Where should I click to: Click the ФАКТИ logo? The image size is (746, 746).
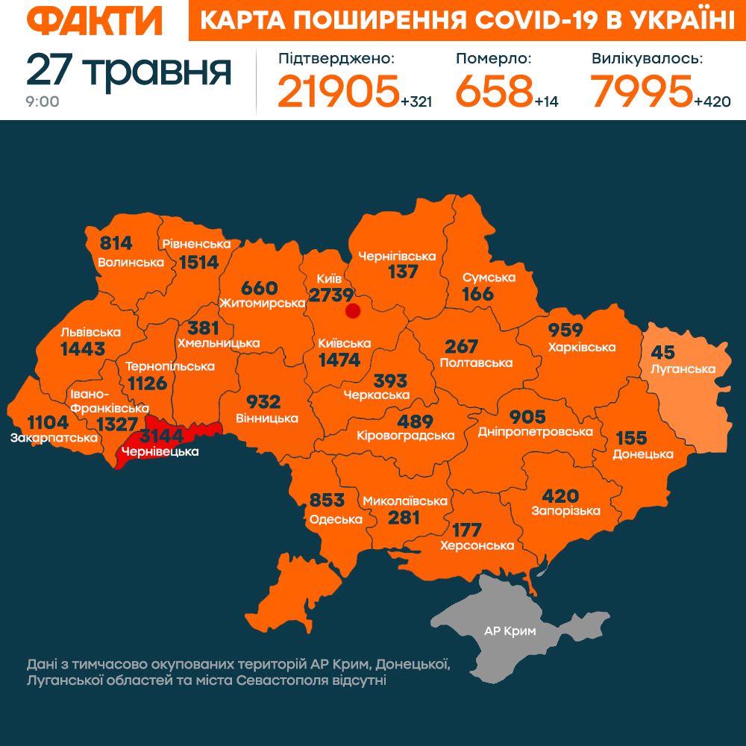point(95,21)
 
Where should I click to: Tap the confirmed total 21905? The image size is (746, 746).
point(338,90)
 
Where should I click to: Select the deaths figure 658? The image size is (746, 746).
point(493,90)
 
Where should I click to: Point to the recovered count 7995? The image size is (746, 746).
point(641,90)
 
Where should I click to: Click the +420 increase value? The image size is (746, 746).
point(712,101)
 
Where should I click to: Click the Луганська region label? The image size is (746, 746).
point(683,369)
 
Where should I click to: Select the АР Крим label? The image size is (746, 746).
point(510,631)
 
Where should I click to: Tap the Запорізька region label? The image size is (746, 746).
point(565,511)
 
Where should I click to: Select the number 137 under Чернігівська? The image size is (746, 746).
point(403,272)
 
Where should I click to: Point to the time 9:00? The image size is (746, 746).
point(43,102)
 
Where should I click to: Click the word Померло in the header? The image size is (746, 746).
point(493,58)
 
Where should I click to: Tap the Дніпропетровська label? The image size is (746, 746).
point(536,432)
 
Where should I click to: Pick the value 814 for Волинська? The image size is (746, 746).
point(116,243)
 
